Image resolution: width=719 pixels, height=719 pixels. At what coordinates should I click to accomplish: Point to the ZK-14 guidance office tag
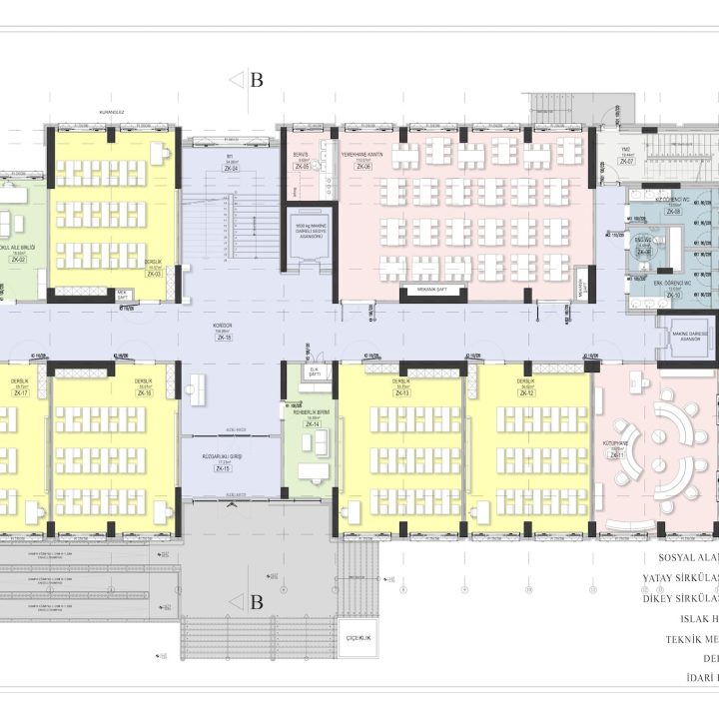pos(313,424)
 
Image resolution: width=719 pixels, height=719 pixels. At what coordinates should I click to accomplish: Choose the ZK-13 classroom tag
pos(402,393)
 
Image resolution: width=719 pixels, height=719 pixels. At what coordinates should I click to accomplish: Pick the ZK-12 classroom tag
pos(526,393)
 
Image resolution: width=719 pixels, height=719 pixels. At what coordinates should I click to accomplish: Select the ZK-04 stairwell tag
pos(229,167)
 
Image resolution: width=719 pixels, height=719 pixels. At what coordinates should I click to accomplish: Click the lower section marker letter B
pos(256,602)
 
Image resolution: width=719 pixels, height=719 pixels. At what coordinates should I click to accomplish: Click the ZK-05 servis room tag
pos(301,167)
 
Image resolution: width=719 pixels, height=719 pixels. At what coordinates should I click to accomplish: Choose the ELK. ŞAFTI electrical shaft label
pos(313,371)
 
